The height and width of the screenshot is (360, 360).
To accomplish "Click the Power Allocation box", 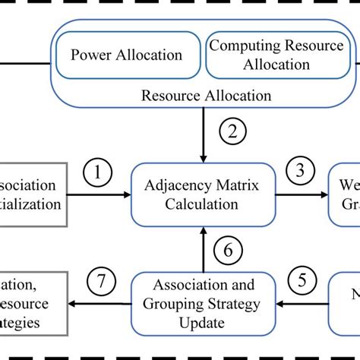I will click(x=126, y=55).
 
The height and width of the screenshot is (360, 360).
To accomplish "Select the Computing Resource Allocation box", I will click(x=276, y=55).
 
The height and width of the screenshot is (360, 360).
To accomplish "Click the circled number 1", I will click(x=96, y=173).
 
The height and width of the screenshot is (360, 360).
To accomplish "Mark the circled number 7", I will click(x=101, y=283).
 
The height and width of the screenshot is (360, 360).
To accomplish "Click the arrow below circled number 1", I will click(x=99, y=194).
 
